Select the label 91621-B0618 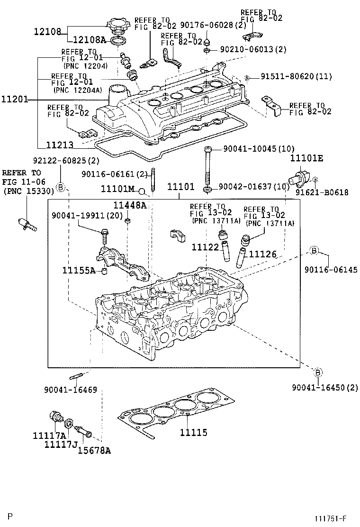click(322, 192)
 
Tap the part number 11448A click(129, 205)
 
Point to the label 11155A click(79, 271)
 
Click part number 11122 click(205, 247)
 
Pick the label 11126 click(262, 254)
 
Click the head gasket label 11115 click(193, 433)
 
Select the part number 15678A click(95, 450)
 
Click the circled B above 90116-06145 click(314, 250)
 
